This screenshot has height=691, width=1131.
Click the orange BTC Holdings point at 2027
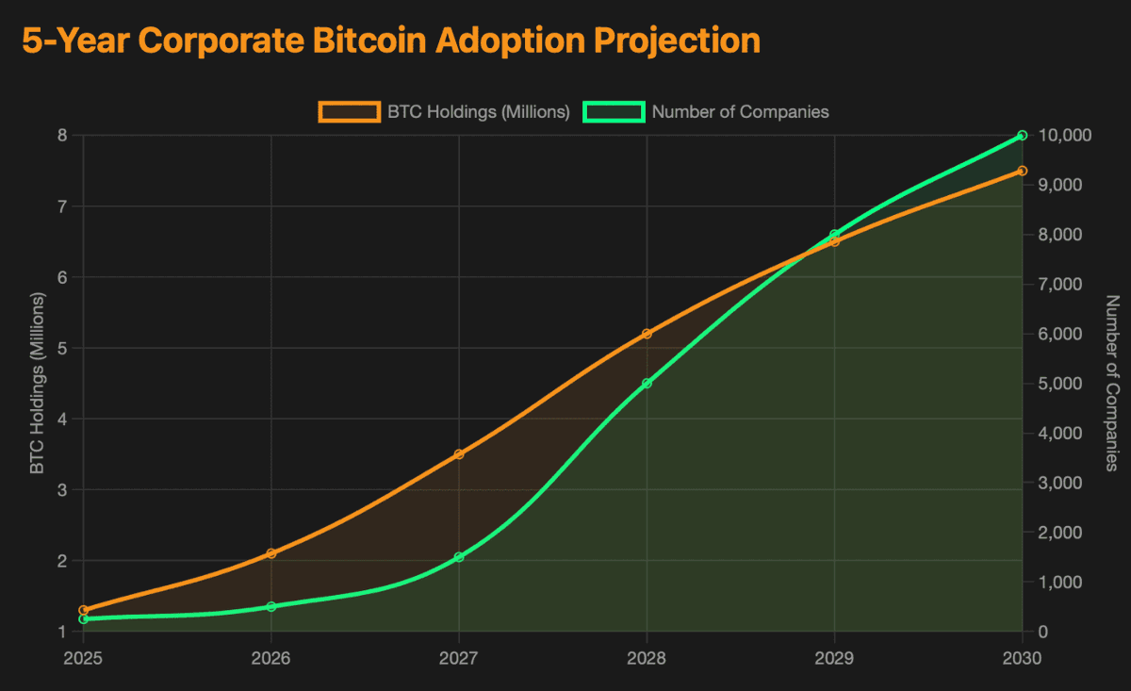(459, 454)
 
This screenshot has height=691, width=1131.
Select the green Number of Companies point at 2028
(647, 384)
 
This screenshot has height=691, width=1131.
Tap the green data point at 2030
(1022, 136)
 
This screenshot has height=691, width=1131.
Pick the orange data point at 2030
(1022, 171)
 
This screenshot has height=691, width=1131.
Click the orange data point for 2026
(271, 553)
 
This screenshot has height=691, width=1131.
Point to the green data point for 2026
(271, 606)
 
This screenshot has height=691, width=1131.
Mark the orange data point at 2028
(647, 334)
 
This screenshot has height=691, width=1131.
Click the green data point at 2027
(459, 557)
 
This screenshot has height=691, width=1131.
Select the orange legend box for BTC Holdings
(349, 111)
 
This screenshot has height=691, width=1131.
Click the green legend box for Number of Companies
(614, 111)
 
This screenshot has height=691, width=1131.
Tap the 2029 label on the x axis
(834, 657)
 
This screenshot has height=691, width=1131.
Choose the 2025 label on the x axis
(83, 657)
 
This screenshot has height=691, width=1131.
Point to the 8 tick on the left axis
(62, 136)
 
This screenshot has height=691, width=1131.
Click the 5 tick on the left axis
(62, 348)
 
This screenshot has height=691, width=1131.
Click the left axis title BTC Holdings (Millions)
(37, 384)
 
